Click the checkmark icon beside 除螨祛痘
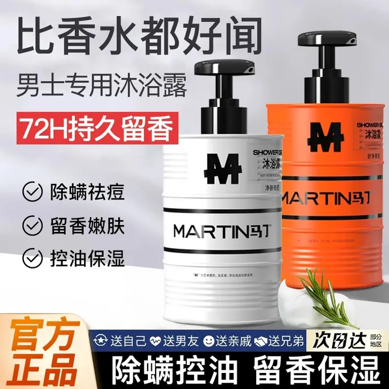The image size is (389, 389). [32, 191]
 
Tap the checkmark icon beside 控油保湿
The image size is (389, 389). [32, 258]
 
